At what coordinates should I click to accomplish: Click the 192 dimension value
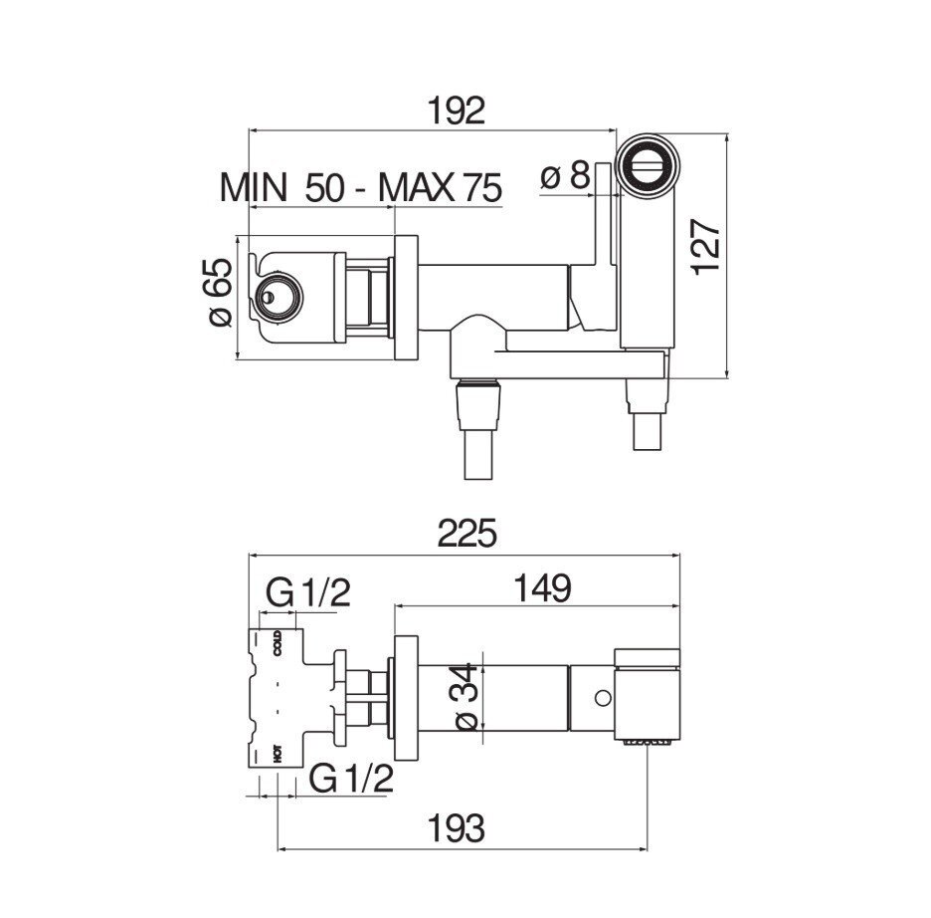pos(456,111)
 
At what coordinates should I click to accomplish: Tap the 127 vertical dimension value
pos(706,247)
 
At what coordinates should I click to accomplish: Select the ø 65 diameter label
pos(220,292)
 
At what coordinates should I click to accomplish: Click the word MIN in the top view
pos(254,187)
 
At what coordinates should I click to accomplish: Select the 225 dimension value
pos(466,533)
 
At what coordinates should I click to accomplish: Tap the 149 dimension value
pos(543,588)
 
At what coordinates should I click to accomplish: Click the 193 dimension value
pos(456,828)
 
